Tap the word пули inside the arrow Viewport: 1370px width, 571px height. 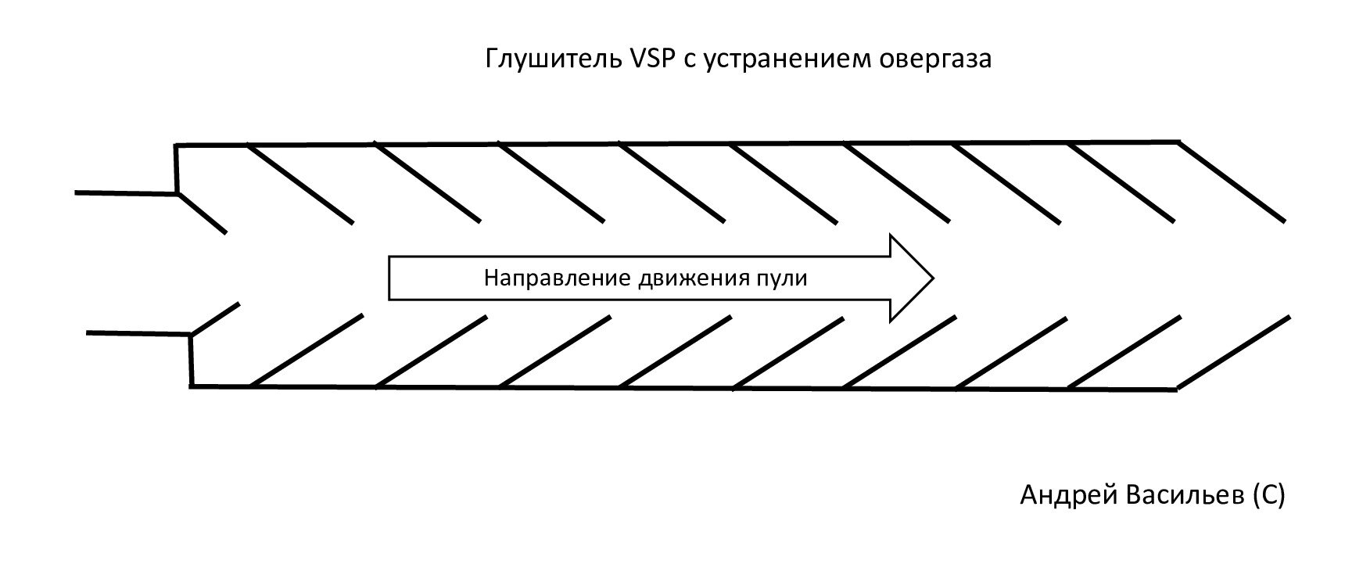(784, 278)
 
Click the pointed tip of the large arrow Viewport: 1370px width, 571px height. (932, 278)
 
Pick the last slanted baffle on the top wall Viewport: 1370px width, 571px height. (1232, 181)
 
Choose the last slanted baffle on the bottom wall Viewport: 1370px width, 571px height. (1234, 352)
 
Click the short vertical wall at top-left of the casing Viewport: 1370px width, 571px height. (177, 168)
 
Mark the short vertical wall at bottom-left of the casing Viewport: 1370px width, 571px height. (191, 360)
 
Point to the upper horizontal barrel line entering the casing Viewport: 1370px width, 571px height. (125, 192)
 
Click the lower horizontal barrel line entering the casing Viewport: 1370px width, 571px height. (138, 334)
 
